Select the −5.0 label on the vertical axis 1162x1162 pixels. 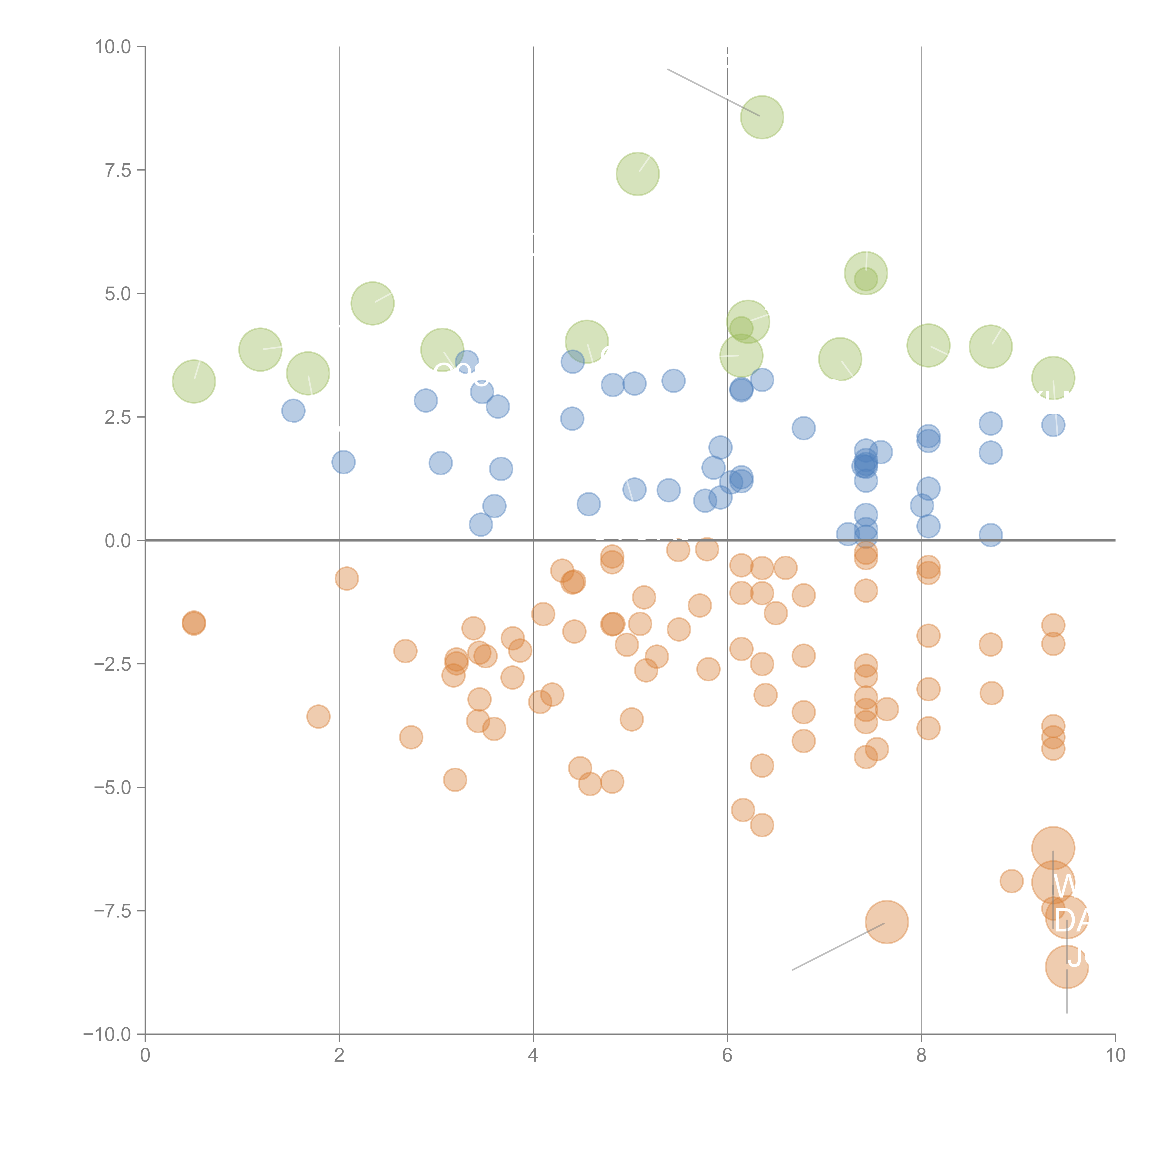point(112,787)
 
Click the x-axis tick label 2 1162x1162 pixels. point(339,1056)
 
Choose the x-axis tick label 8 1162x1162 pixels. point(921,1056)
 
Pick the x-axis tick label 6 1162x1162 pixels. point(727,1056)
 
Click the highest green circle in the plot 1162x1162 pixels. point(762,117)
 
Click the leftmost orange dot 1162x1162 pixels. point(194,623)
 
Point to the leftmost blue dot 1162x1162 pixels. point(293,411)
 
